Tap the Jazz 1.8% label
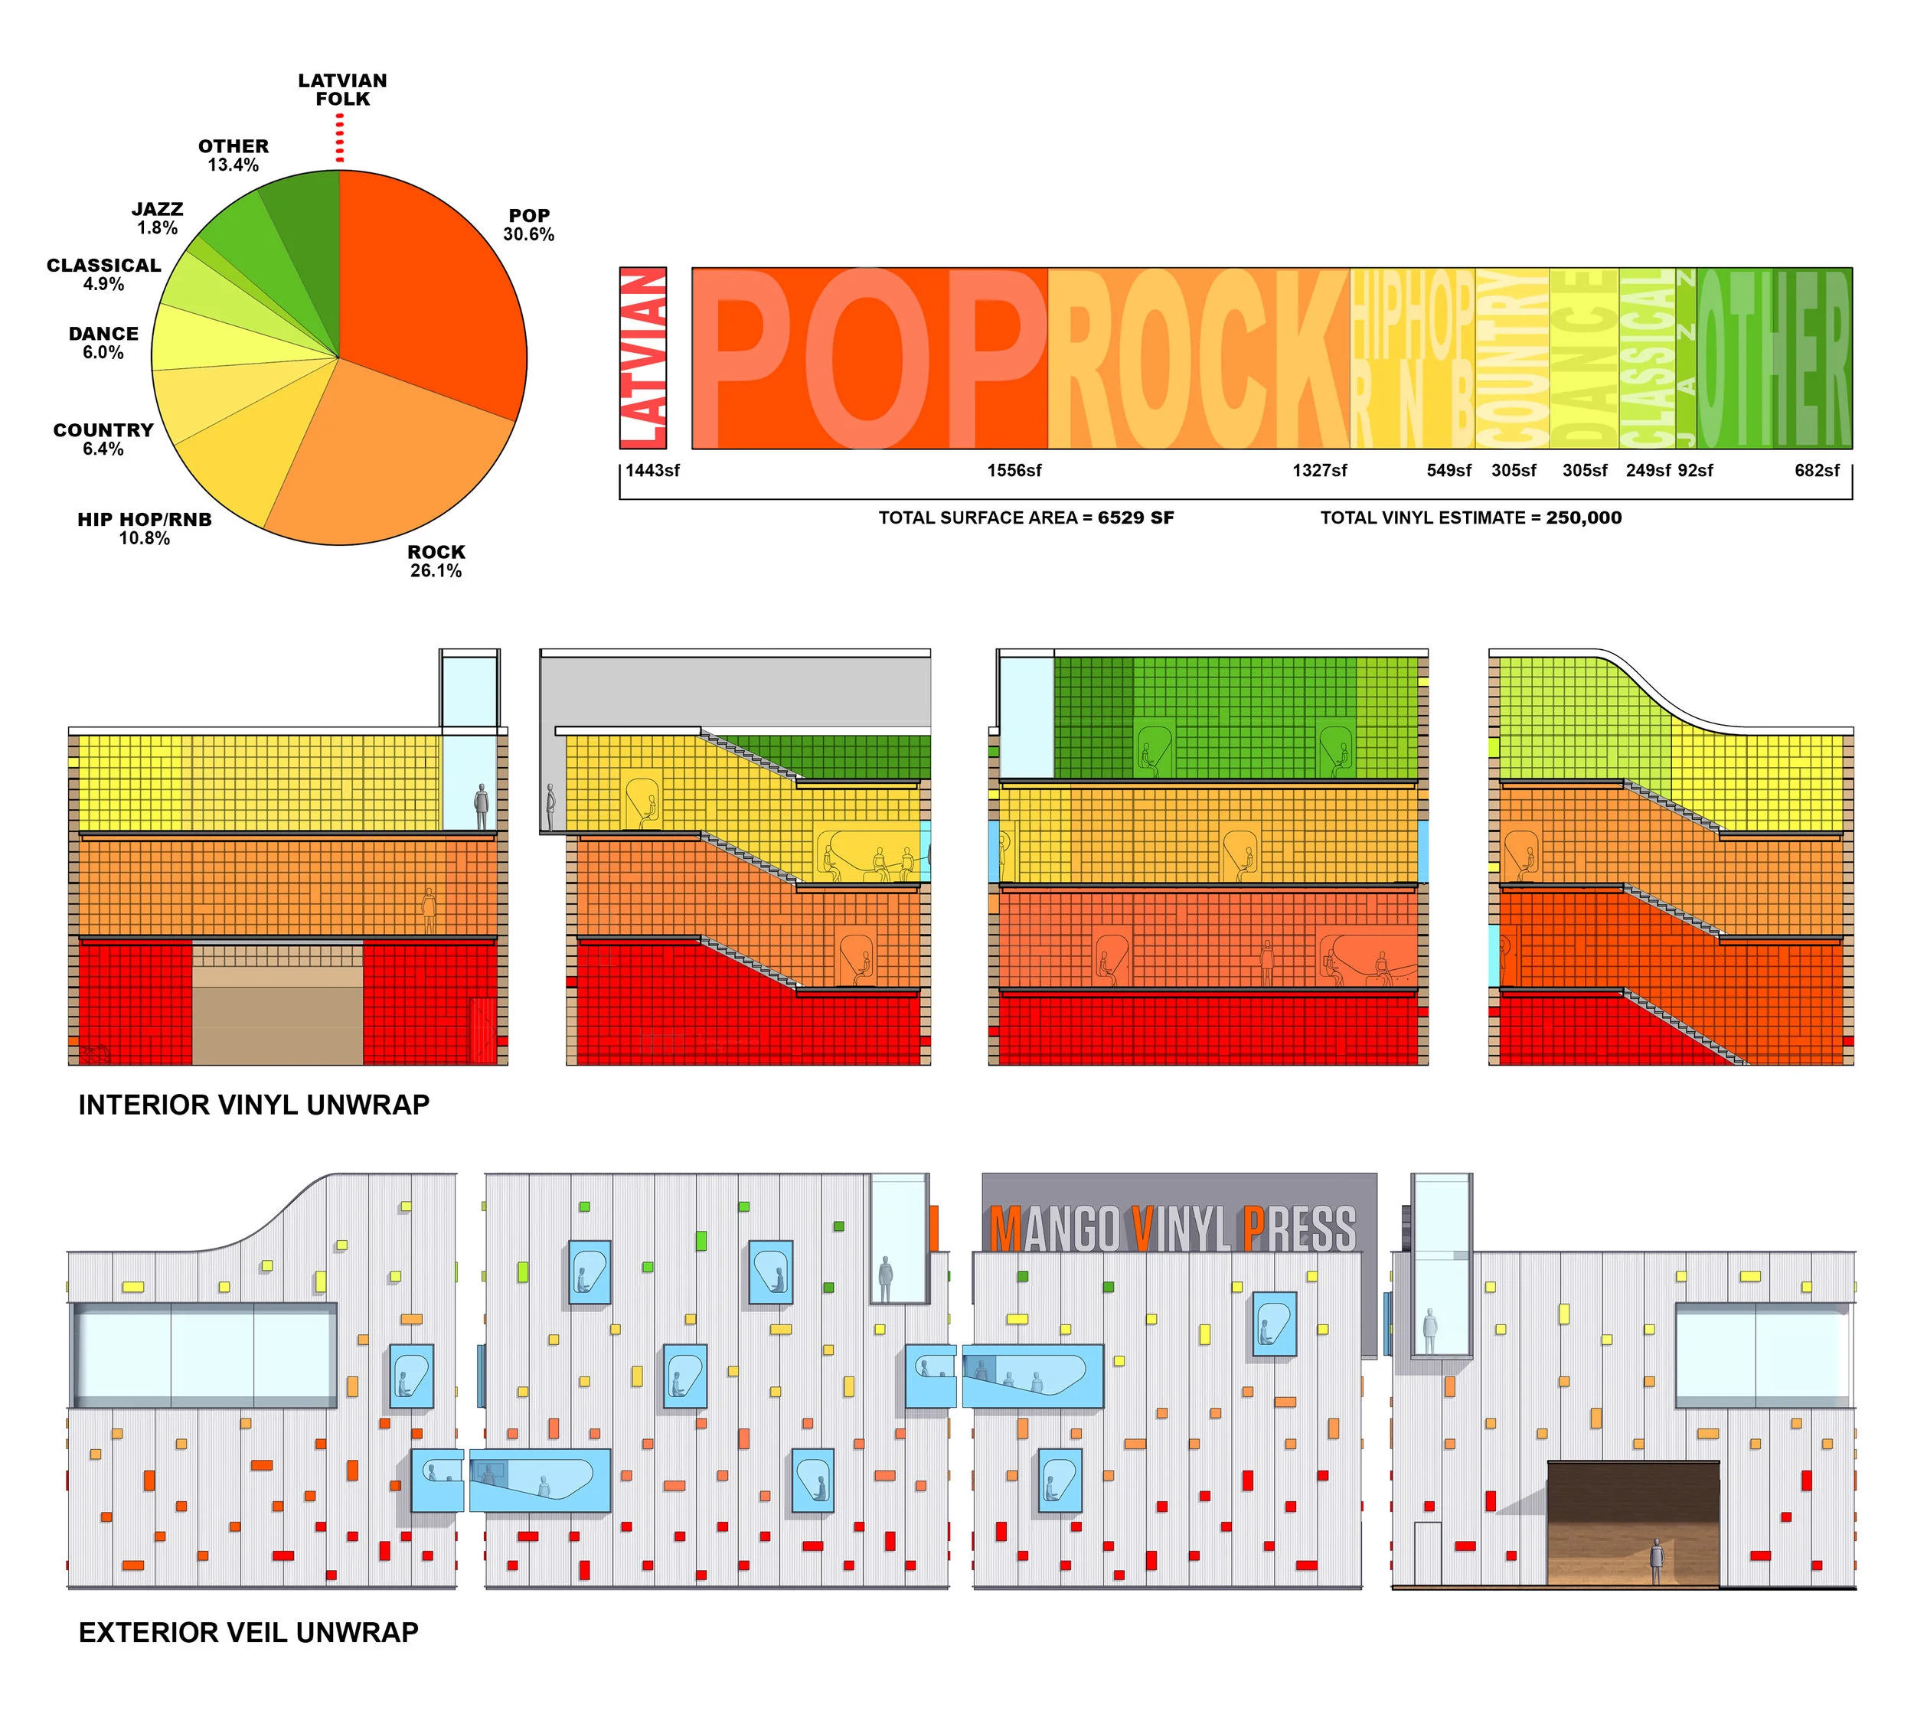tap(157, 218)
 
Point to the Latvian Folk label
tap(342, 90)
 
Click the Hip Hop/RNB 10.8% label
tap(144, 528)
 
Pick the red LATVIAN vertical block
tap(642, 357)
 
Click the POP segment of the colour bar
tap(868, 357)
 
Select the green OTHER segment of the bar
tap(1772, 357)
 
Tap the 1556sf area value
tap(1014, 471)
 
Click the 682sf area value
tap(1816, 471)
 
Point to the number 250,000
tap(1582, 518)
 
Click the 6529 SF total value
tap(1135, 518)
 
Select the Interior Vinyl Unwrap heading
tap(253, 1105)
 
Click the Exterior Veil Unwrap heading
tap(249, 1632)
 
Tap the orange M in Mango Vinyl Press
tap(1005, 1231)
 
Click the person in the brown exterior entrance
tap(1656, 1561)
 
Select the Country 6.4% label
tap(103, 439)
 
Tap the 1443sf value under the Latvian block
tap(653, 471)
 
